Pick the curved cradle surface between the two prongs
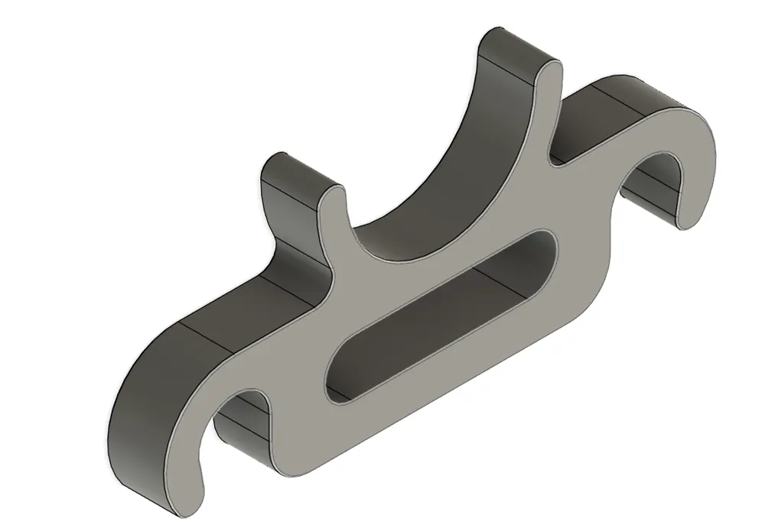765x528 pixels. (428, 191)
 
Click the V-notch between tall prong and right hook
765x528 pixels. (554, 160)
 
